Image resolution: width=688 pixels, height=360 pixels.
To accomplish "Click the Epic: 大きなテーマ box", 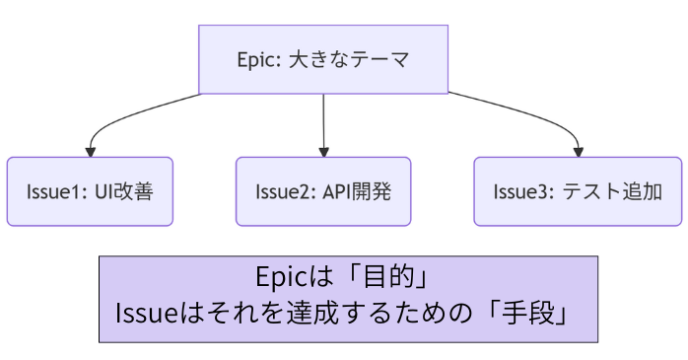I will (x=323, y=58).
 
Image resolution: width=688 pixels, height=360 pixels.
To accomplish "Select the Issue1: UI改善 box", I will (x=90, y=191).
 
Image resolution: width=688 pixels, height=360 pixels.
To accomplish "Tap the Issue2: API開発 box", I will (x=323, y=191).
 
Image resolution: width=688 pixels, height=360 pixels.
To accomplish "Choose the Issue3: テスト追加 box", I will (x=577, y=191).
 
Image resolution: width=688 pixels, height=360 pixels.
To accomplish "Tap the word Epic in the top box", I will (x=258, y=58).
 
